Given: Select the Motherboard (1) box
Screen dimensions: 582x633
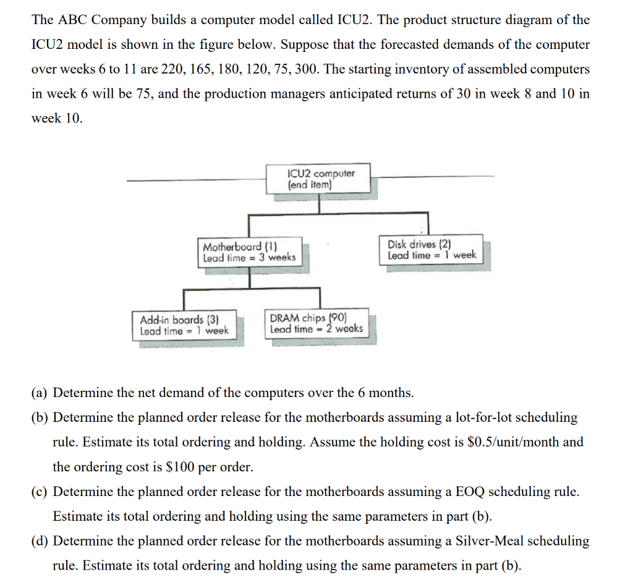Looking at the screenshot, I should (x=250, y=252).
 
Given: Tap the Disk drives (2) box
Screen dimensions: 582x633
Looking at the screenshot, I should (x=431, y=249).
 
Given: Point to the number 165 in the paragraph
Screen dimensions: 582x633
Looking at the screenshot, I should (x=201, y=69).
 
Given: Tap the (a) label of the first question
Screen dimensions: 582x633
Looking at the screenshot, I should (x=40, y=393).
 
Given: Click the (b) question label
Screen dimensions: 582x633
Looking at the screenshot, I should (x=40, y=417).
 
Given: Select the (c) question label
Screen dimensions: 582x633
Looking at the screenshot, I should (x=40, y=492).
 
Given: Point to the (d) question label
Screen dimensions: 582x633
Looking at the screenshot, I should (x=40, y=541).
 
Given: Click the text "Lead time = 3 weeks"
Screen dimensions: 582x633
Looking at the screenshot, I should (x=250, y=257).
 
